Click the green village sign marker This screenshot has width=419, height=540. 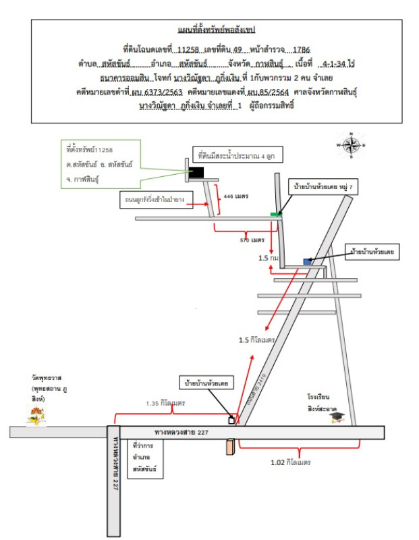point(275,214)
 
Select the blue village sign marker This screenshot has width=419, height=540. point(308,261)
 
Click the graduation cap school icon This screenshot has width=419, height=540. point(336,418)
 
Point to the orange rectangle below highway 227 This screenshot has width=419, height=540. point(229,447)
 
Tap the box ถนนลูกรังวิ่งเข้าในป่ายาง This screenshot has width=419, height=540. point(155,200)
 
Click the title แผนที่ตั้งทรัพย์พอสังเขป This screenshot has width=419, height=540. point(210,30)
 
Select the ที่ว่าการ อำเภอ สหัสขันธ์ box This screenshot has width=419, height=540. point(145,457)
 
